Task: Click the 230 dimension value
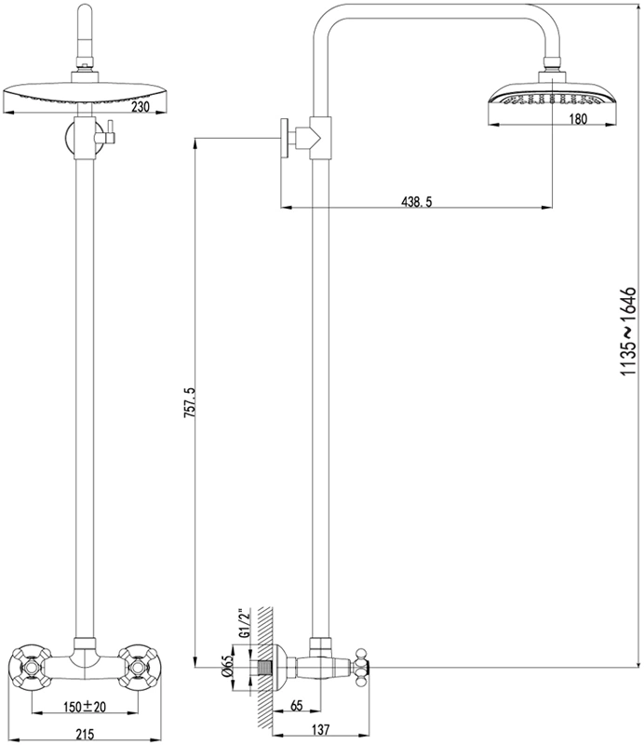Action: [141, 107]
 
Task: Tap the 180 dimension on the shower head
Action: [578, 119]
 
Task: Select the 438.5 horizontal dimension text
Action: [417, 202]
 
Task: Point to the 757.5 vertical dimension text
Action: [189, 403]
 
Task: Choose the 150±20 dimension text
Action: [85, 707]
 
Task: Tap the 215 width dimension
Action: [85, 734]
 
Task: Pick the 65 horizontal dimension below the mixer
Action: [296, 706]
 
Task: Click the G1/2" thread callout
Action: [244, 623]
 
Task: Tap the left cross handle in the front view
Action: [31, 669]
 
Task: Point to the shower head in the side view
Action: [554, 100]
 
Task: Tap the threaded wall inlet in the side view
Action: [264, 668]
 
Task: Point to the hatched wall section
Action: [265, 674]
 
